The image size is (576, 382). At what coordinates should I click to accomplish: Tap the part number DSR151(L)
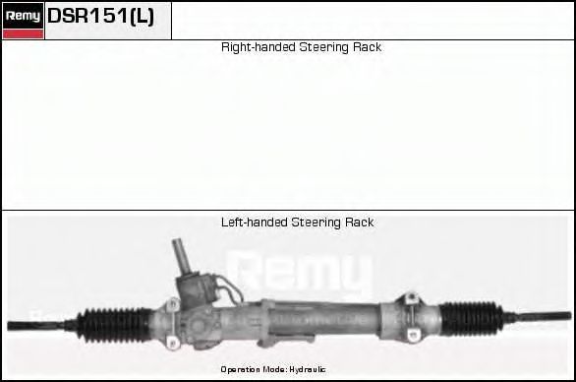coord(100,16)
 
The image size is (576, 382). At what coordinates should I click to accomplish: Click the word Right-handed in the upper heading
coord(259,47)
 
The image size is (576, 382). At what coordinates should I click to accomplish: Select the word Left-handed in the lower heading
coord(255,223)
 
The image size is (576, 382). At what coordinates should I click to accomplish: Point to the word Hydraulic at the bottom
coord(307,369)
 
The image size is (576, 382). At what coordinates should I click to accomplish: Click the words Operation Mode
coord(254,369)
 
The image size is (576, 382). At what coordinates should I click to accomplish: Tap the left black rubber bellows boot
coord(114,325)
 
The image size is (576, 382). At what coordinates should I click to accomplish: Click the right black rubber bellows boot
coord(471,319)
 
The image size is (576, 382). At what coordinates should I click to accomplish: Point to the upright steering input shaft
coord(181,256)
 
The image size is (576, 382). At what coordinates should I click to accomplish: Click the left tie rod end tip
coord(10,326)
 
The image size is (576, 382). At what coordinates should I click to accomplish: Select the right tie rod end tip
coord(569,316)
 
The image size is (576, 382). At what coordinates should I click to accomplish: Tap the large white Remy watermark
coord(300,272)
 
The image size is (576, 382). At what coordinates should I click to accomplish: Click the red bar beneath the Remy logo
coord(24,34)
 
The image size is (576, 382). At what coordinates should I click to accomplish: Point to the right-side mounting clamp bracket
coord(412,316)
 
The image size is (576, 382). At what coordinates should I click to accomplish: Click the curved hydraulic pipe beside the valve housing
coord(231,287)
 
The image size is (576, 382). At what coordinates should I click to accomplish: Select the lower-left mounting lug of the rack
coord(172,343)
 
